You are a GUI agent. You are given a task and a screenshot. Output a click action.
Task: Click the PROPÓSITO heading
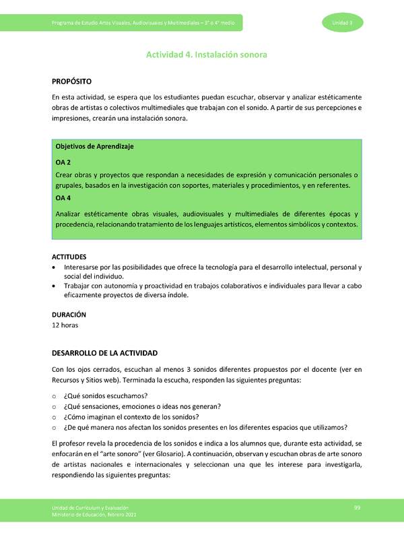tap(72, 81)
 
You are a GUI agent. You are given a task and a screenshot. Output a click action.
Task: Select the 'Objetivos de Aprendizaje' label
tap(94, 146)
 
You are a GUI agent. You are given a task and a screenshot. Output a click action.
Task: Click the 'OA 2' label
tap(63, 162)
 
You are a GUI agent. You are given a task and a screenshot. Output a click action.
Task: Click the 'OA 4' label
tap(63, 198)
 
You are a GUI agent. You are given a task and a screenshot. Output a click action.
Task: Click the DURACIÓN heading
tap(69, 314)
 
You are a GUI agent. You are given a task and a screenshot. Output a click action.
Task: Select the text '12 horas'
tap(65, 325)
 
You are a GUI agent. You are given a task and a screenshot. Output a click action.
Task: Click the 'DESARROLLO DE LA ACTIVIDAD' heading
tap(104, 353)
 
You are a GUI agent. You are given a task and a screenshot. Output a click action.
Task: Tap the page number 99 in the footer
tap(358, 507)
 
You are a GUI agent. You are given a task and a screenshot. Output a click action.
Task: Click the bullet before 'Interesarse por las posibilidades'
tap(55, 267)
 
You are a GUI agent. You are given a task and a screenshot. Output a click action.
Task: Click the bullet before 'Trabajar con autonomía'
tap(55, 286)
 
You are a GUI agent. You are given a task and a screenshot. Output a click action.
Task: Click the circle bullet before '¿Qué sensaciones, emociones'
tap(55, 406)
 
